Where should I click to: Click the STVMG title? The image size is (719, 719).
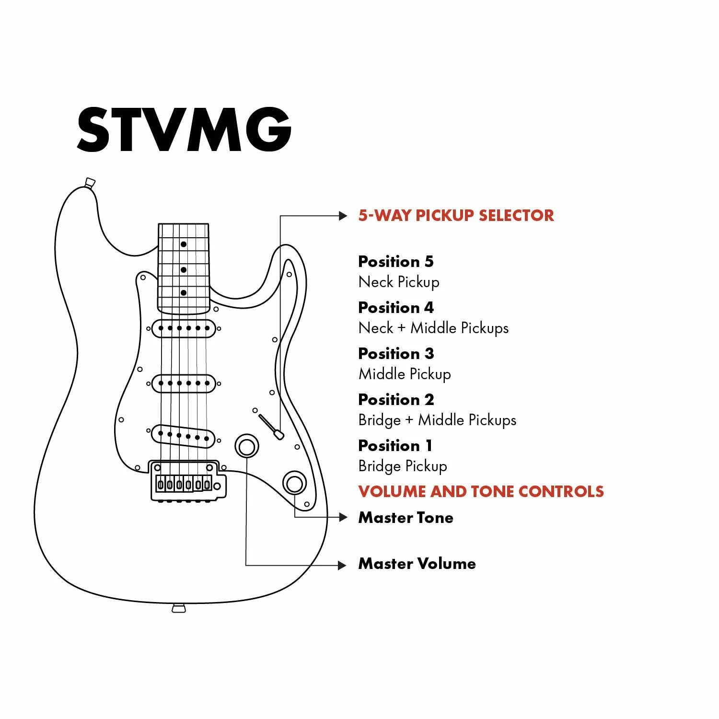point(184,129)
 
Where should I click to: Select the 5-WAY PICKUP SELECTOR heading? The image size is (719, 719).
point(456,215)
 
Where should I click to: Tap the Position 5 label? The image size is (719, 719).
point(395,261)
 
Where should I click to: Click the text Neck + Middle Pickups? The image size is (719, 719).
point(433,328)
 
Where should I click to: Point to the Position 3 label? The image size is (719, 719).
point(396,353)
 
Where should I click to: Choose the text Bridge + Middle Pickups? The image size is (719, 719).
point(437,420)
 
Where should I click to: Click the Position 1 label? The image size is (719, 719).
point(395,445)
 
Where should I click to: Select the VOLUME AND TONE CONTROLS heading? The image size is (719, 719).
point(481,491)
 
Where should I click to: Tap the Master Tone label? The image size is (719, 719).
point(406,518)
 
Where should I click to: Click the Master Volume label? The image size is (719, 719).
point(417,564)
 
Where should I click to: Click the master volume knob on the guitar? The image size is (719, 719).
point(247,446)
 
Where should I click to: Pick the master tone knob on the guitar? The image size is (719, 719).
point(294,483)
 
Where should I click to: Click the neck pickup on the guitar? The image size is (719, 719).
point(184,328)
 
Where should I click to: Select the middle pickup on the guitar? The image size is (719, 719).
point(184,383)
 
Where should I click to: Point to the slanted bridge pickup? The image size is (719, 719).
point(184,436)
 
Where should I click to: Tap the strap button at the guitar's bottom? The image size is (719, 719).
point(178,608)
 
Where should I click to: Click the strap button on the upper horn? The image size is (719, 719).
point(90,183)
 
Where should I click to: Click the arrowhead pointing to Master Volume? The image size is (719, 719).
point(342,566)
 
